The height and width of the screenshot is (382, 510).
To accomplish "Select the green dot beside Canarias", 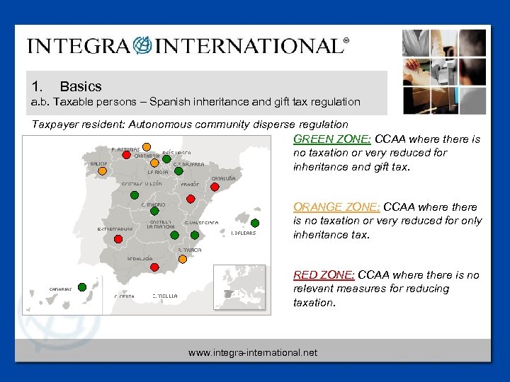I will [x=82, y=286].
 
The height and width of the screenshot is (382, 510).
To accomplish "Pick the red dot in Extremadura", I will [x=118, y=239].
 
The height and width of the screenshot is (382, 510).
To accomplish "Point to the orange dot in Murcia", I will [x=183, y=258].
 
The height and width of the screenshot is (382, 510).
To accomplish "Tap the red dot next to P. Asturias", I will [x=126, y=156].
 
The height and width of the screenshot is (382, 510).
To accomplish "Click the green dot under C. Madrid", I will [x=153, y=211].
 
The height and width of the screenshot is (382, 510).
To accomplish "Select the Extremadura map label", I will [x=115, y=229].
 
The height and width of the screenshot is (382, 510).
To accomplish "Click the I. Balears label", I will [x=244, y=233].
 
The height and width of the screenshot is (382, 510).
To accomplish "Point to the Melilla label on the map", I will [x=164, y=295].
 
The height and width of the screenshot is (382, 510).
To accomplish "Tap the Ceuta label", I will [x=125, y=296].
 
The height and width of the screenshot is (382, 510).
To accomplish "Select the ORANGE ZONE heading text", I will [x=336, y=207].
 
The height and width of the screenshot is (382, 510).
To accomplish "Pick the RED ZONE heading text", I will [x=324, y=274].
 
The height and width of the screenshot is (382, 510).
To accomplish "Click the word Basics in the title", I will [x=81, y=86].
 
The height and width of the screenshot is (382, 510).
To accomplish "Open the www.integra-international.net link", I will [x=253, y=352].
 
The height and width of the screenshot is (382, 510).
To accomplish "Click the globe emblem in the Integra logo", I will [x=143, y=46].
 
